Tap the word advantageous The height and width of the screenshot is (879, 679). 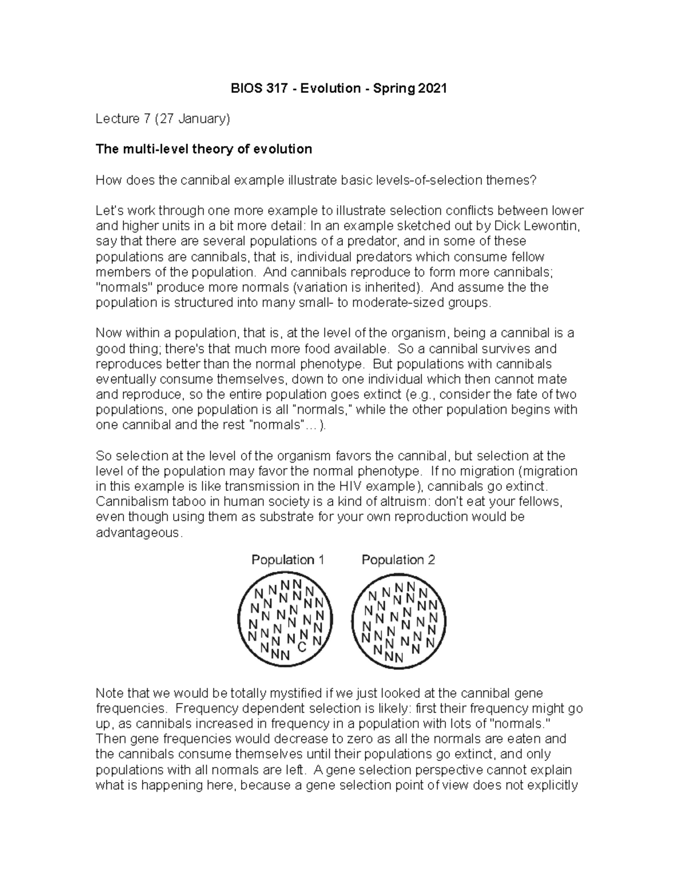(x=139, y=533)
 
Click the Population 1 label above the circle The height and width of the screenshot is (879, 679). (x=287, y=560)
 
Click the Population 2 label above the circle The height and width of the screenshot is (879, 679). (x=398, y=560)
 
